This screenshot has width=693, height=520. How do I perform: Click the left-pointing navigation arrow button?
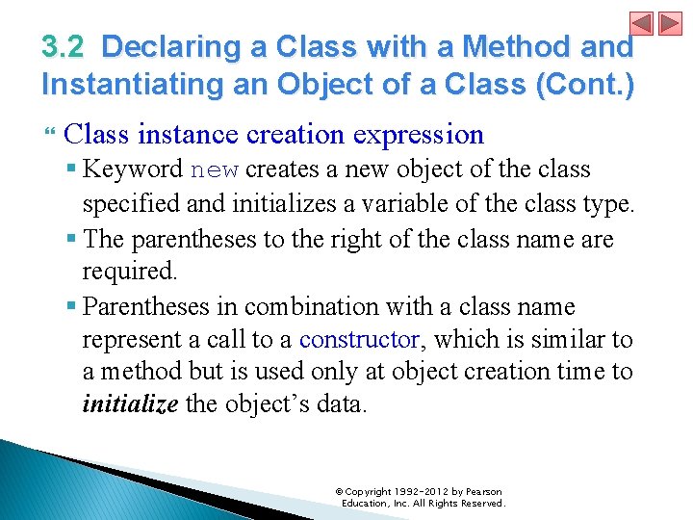641,23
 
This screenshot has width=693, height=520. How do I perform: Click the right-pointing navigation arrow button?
670,23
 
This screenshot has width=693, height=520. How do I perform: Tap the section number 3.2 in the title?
63,46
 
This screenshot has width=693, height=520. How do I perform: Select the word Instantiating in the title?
133,84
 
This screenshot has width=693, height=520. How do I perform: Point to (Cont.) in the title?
585,84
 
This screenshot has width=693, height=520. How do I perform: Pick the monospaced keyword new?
215,169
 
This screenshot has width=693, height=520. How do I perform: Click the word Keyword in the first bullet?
133,169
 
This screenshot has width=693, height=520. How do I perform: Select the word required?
130,272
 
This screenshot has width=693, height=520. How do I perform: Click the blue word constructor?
359,340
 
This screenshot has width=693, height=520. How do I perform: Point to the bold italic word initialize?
130,403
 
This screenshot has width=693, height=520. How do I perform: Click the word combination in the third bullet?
312,306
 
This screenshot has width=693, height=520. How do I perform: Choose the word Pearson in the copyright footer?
484,492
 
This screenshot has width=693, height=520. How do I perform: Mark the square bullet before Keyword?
71,168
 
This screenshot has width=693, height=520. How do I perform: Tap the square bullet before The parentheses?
71,239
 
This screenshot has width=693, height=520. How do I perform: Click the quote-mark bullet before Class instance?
50,131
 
